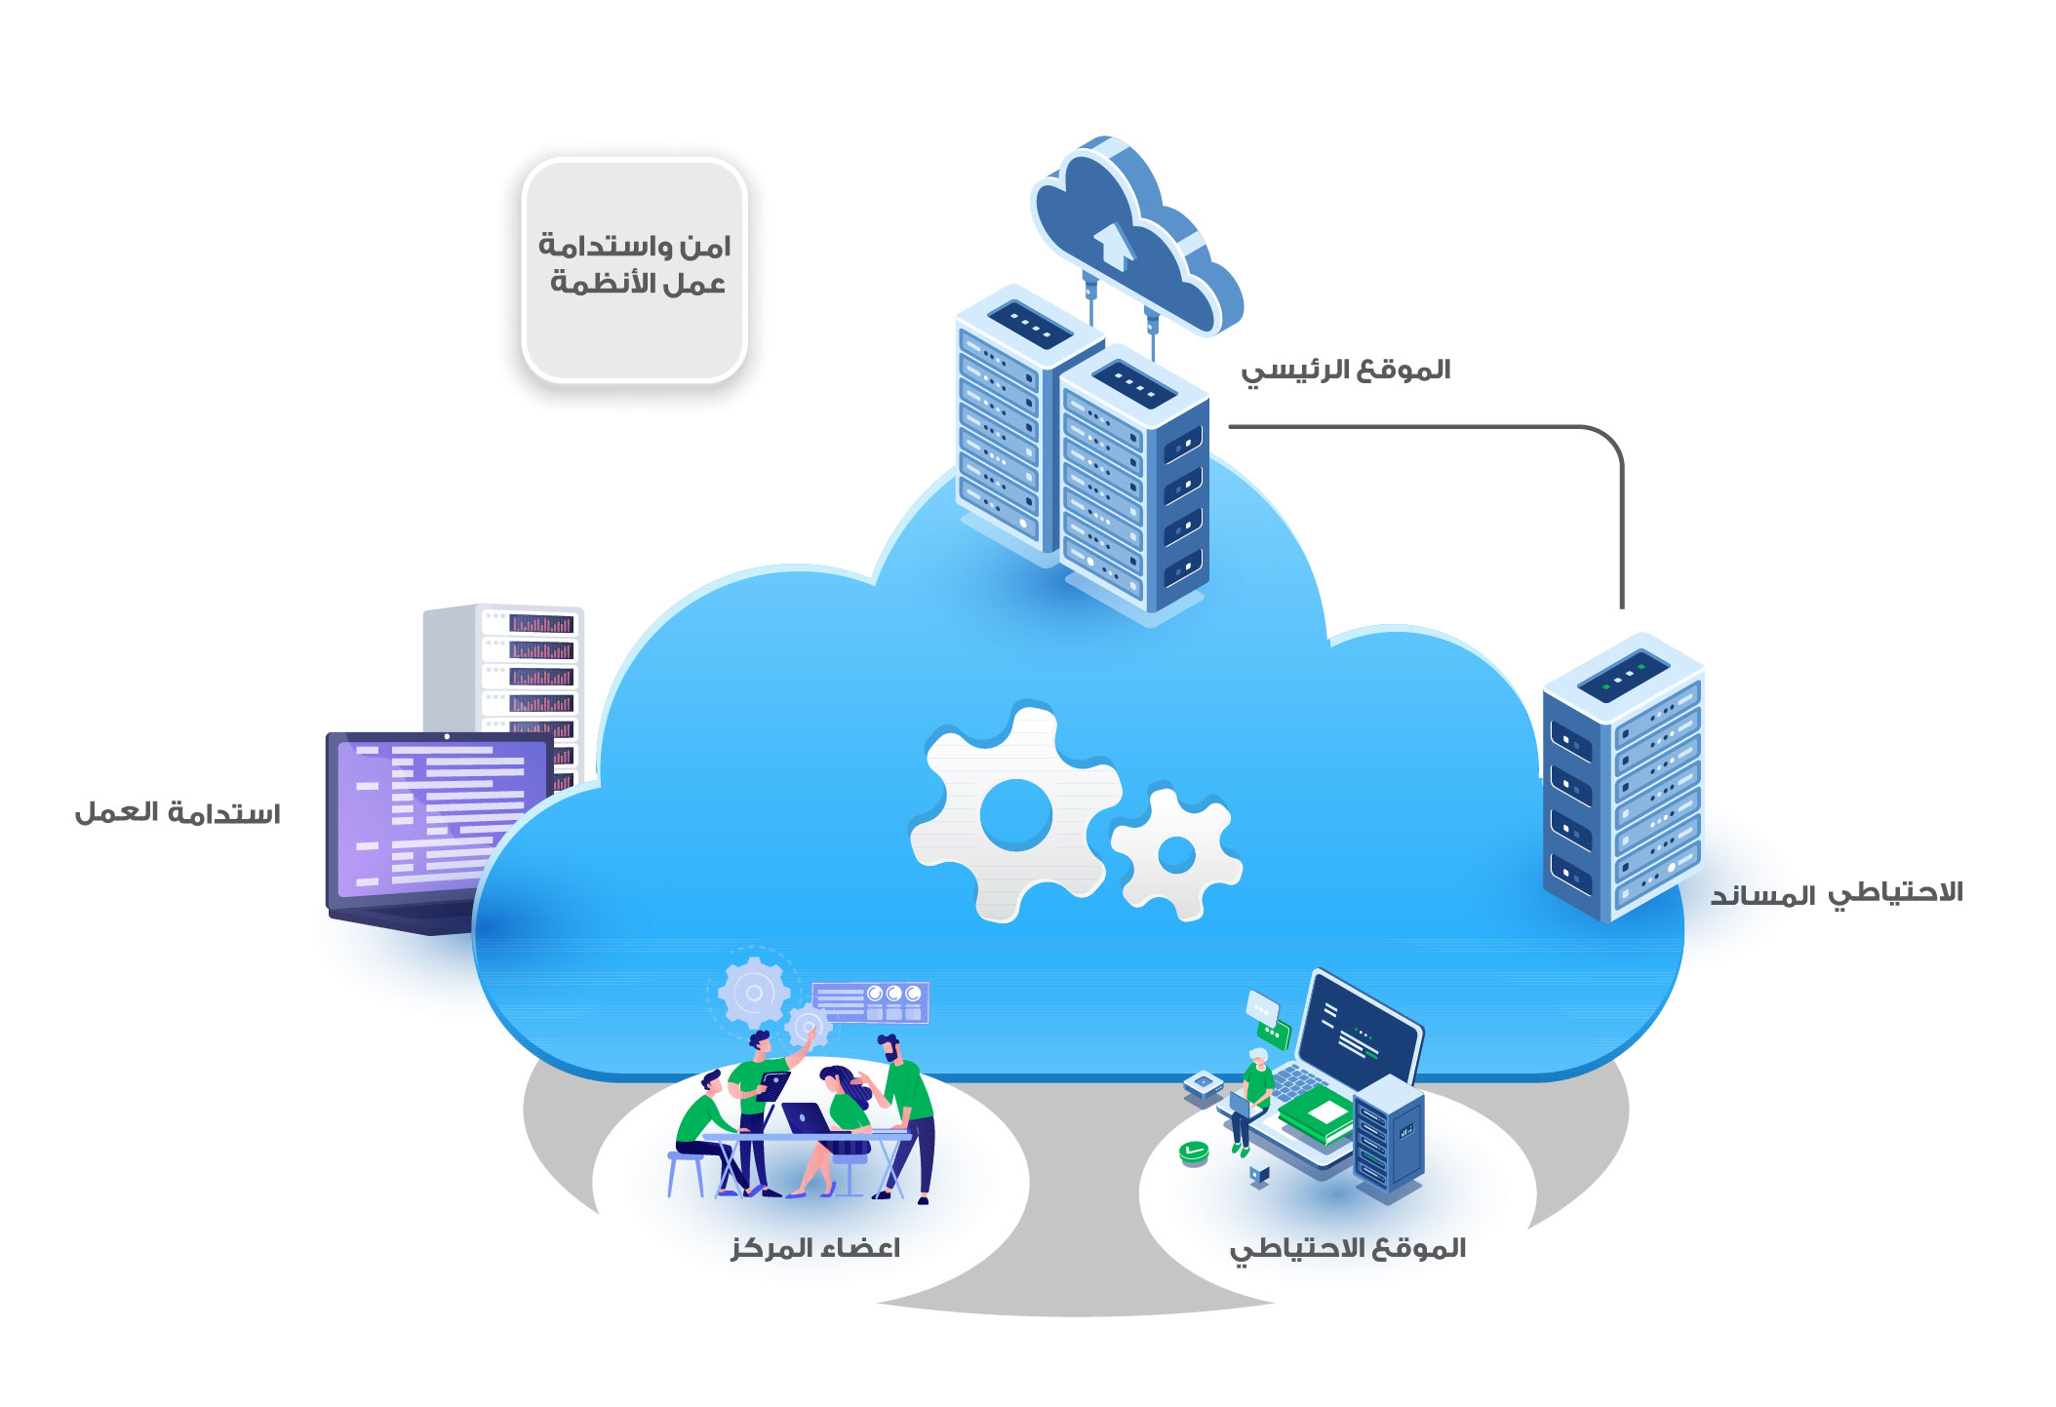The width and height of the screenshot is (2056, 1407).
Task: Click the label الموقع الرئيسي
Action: tap(1345, 371)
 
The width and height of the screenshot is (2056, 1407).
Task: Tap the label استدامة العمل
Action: tap(178, 813)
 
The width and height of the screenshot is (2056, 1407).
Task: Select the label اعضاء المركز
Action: tap(815, 1248)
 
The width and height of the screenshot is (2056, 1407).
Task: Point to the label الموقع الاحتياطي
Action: tap(1347, 1249)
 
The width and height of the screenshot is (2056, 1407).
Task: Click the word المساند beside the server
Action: tap(1762, 896)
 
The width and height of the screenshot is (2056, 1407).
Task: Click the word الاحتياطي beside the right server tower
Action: tap(1894, 893)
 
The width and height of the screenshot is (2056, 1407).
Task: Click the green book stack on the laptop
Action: tap(1318, 1115)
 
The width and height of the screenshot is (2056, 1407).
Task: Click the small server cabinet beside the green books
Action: tap(1389, 1135)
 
